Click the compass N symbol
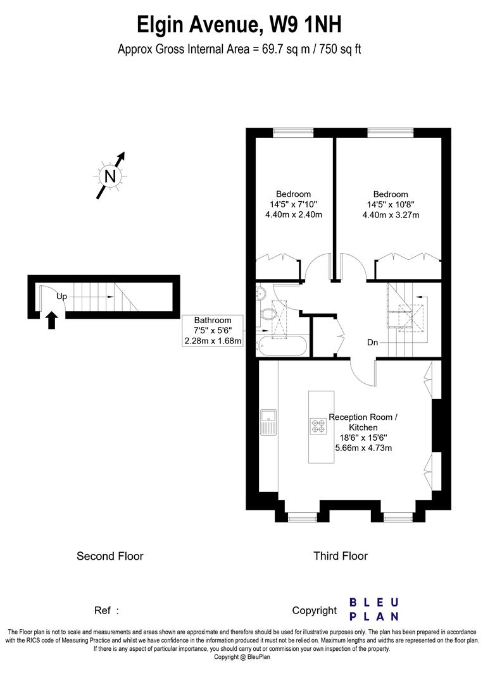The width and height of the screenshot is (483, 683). click(x=110, y=176)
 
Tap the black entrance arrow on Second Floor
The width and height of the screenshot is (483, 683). click(x=52, y=321)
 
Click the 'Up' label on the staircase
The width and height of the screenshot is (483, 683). click(x=61, y=296)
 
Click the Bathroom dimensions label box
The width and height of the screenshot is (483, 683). click(x=213, y=330)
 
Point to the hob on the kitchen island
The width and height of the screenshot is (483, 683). click(x=317, y=426)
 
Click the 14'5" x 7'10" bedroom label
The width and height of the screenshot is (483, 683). click(x=293, y=204)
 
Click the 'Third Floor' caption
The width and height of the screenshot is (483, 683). click(x=341, y=557)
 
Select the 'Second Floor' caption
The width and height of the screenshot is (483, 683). click(x=110, y=557)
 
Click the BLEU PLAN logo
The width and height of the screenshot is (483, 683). click(x=374, y=608)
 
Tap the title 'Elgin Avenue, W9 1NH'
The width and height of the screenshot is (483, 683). click(x=240, y=26)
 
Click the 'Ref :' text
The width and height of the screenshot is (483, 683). click(x=106, y=611)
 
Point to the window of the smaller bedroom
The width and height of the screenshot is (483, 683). click(x=293, y=132)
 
